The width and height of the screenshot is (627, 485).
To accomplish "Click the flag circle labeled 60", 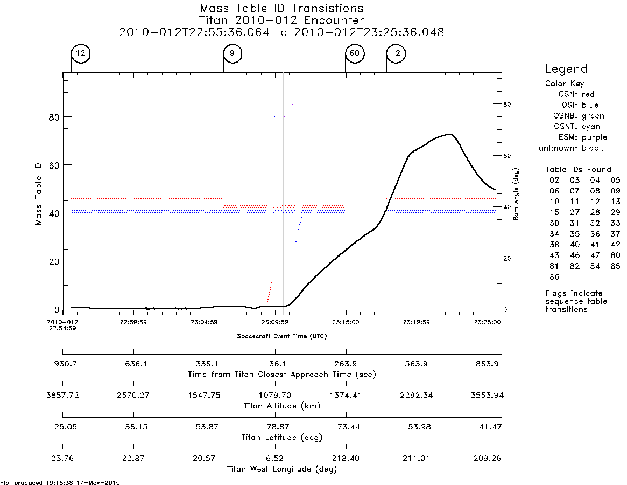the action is point(355,53).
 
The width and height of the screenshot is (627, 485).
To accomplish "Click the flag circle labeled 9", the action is point(232,53).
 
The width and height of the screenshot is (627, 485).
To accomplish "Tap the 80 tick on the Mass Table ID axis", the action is point(54,117).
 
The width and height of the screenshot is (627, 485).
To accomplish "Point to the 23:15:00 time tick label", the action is point(346,322).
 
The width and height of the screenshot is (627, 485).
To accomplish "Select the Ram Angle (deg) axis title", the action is point(516,194).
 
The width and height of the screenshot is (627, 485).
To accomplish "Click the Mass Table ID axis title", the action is point(38,194).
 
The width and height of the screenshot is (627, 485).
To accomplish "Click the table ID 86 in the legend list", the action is point(554,277).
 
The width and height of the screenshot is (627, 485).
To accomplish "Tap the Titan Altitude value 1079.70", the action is point(274,396).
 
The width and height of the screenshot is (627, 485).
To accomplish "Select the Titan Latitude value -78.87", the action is point(274,427).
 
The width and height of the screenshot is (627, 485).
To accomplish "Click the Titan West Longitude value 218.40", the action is point(346,459).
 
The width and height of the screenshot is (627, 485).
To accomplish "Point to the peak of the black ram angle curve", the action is point(450,134).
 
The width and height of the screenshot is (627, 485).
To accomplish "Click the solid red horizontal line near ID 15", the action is point(365,273).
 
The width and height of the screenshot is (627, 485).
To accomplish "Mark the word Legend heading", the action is point(566,70).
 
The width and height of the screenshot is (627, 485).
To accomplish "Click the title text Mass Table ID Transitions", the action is point(281,8).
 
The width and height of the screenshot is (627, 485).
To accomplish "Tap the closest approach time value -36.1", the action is point(274,364).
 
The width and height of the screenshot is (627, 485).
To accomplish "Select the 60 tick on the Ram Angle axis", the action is point(507,156).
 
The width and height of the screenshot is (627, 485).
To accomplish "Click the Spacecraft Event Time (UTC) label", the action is point(282,336).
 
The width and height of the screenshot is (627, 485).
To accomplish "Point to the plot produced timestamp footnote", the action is point(60,482).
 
